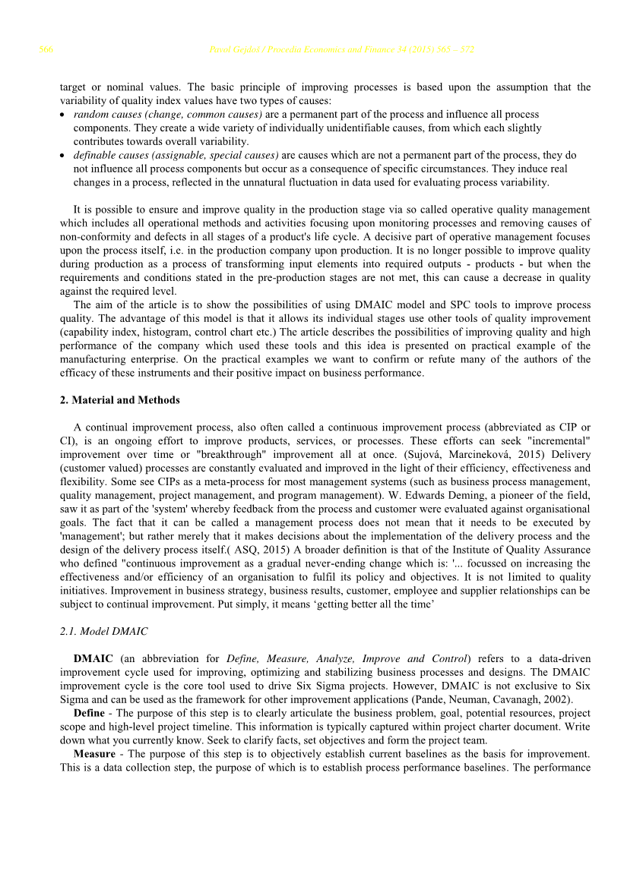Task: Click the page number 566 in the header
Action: point(46,50)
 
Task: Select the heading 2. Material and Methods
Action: point(119,400)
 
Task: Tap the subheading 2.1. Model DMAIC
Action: point(103,632)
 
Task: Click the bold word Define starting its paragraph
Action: point(90,714)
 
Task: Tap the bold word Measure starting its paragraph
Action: point(96,754)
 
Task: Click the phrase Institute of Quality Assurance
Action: point(518,550)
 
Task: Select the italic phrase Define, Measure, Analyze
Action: point(290,659)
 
